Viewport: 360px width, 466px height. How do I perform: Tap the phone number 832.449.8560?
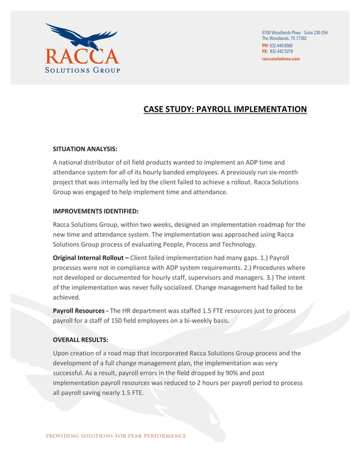281,45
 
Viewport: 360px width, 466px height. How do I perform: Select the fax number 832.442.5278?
281,51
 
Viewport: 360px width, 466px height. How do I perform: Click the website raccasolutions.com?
280,59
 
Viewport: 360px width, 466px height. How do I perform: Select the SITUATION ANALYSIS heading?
85,150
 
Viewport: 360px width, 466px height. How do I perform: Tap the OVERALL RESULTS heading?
80,340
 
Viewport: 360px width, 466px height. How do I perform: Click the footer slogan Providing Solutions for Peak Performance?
116,436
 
